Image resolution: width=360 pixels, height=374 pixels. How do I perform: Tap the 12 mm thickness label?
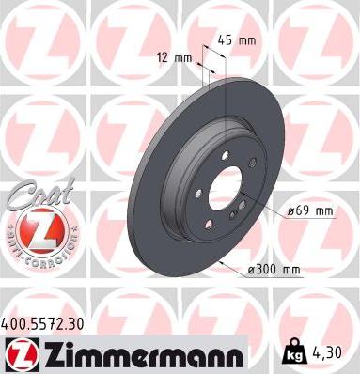176,58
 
